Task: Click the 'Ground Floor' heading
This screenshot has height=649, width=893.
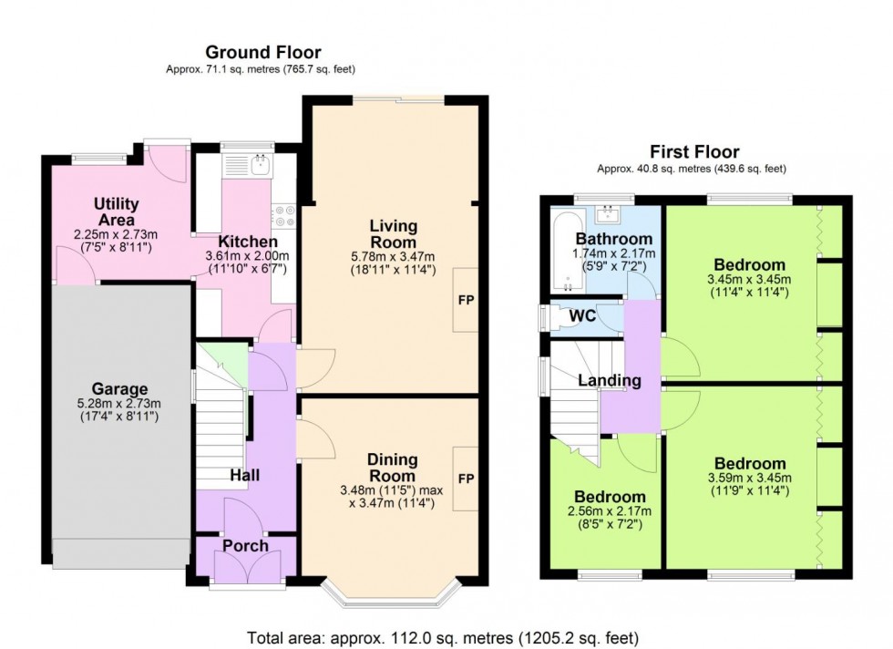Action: point(262,52)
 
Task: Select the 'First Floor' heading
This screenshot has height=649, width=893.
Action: point(693,152)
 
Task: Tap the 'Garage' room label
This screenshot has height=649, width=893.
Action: point(118,389)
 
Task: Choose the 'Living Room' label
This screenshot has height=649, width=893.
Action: point(393,234)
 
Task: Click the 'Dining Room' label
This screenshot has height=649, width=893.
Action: point(393,467)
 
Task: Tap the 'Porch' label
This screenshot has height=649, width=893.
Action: point(245,545)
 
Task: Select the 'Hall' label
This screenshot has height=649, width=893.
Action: point(245,475)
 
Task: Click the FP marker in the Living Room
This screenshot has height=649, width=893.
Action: point(466,300)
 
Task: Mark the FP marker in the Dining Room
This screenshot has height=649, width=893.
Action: point(466,479)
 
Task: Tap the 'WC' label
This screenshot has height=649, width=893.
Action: point(583,316)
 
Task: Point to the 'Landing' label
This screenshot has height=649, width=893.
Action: point(609,381)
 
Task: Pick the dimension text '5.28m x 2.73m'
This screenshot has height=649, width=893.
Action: point(118,405)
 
